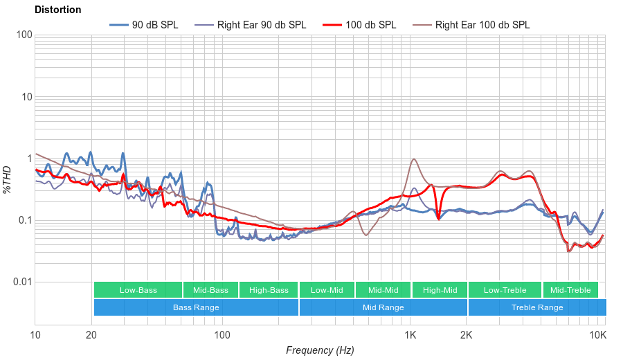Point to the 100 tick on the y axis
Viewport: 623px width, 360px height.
tap(24, 35)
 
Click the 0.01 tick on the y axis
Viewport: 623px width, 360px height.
tap(21, 282)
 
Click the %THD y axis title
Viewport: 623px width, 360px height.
tap(8, 179)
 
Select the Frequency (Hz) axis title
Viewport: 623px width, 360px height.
tap(320, 350)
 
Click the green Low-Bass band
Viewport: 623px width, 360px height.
tap(138, 290)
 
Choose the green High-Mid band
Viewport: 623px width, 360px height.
tap(440, 290)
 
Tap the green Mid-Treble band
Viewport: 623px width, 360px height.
tap(570, 290)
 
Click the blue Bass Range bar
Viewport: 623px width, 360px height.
tap(196, 307)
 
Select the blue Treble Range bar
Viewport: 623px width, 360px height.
tap(536, 307)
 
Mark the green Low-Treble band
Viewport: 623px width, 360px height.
tap(505, 290)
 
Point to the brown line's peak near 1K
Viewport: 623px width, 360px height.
tap(414, 159)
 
